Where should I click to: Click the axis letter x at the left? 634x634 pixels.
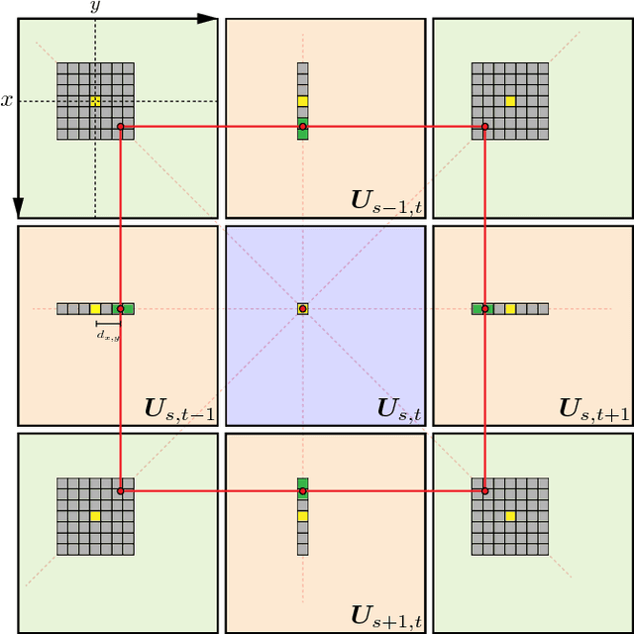click(7, 100)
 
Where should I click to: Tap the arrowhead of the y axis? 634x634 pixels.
click(209, 18)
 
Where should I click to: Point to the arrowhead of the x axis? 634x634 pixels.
click(18, 209)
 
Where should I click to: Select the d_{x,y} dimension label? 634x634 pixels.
click(108, 336)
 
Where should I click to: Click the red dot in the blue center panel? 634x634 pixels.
click(302, 309)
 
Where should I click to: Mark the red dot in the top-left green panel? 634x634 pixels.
click(121, 127)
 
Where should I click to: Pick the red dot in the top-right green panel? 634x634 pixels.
click(484, 127)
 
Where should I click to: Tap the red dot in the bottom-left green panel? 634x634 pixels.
click(121, 490)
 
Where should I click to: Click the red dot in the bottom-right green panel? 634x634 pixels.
click(484, 490)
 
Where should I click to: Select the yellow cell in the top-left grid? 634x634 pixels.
click(95, 101)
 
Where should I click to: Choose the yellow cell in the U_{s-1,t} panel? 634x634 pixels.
click(302, 101)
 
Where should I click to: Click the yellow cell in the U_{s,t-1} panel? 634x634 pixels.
click(95, 309)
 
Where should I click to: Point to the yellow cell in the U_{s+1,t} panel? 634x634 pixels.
click(302, 516)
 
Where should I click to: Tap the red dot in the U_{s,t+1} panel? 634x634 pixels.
click(484, 309)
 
